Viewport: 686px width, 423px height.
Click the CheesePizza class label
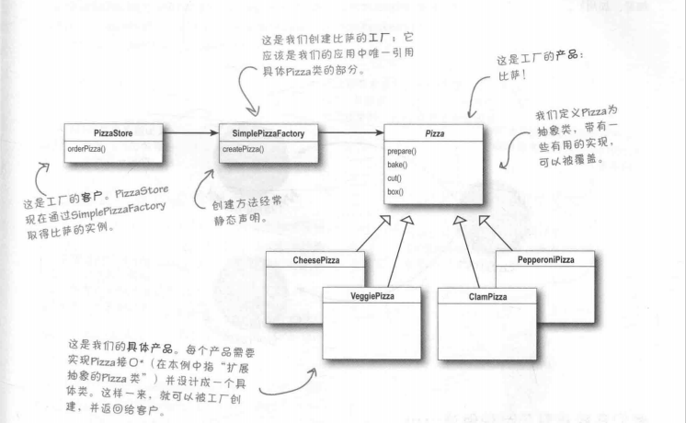click(315, 260)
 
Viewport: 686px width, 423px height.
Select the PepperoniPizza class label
click(544, 260)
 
